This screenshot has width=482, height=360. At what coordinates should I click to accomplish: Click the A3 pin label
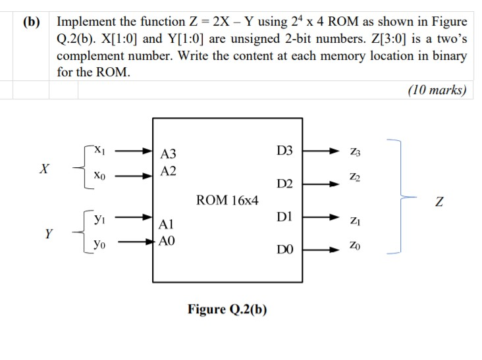pyautogui.click(x=169, y=155)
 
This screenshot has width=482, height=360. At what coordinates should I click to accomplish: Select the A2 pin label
pyautogui.click(x=169, y=172)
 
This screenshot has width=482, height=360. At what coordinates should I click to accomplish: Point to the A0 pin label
pyautogui.click(x=169, y=241)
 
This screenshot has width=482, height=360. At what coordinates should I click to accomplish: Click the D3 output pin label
pyautogui.click(x=284, y=151)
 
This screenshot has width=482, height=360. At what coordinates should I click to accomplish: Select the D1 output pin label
pyautogui.click(x=284, y=217)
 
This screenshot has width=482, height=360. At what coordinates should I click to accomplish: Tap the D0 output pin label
pyautogui.click(x=284, y=249)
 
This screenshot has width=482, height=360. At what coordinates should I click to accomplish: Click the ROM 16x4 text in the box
pyautogui.click(x=227, y=199)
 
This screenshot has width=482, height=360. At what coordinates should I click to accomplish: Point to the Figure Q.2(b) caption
pyautogui.click(x=227, y=309)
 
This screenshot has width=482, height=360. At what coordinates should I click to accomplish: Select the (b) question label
pyautogui.click(x=32, y=22)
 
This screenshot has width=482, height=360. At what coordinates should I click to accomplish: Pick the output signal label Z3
pyautogui.click(x=358, y=152)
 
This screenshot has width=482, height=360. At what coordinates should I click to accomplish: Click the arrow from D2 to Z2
pyautogui.click(x=321, y=183)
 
